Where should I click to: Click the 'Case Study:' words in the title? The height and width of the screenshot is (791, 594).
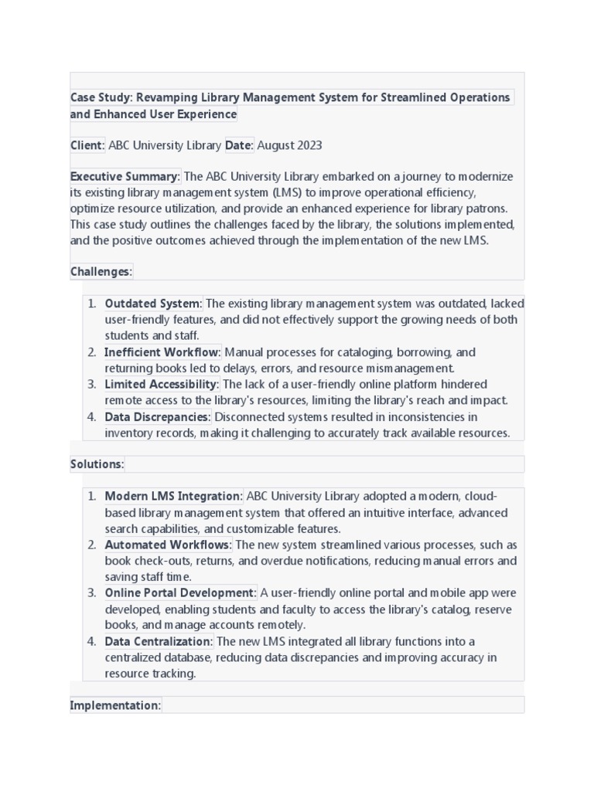(101, 97)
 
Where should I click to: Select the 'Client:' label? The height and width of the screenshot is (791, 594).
(87, 145)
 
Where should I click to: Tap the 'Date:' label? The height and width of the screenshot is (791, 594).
(239, 145)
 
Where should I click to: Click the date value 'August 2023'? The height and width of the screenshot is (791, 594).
(289, 145)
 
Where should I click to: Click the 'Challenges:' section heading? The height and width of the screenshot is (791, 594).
(101, 271)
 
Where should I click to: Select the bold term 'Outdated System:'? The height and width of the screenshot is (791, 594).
(153, 304)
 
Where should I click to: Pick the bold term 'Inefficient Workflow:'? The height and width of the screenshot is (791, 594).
(162, 352)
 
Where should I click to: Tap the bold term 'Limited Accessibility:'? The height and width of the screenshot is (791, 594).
(162, 384)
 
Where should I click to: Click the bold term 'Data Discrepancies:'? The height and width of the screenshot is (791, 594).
(158, 417)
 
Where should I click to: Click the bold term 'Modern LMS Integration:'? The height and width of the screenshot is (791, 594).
(174, 496)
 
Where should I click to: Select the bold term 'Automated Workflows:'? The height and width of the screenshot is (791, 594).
(168, 545)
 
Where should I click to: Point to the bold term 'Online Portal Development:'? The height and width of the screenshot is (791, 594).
(180, 592)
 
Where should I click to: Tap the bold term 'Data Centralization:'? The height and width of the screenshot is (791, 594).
(159, 641)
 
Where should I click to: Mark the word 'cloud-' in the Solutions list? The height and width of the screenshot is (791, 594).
(480, 496)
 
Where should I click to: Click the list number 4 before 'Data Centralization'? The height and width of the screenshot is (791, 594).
(91, 641)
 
